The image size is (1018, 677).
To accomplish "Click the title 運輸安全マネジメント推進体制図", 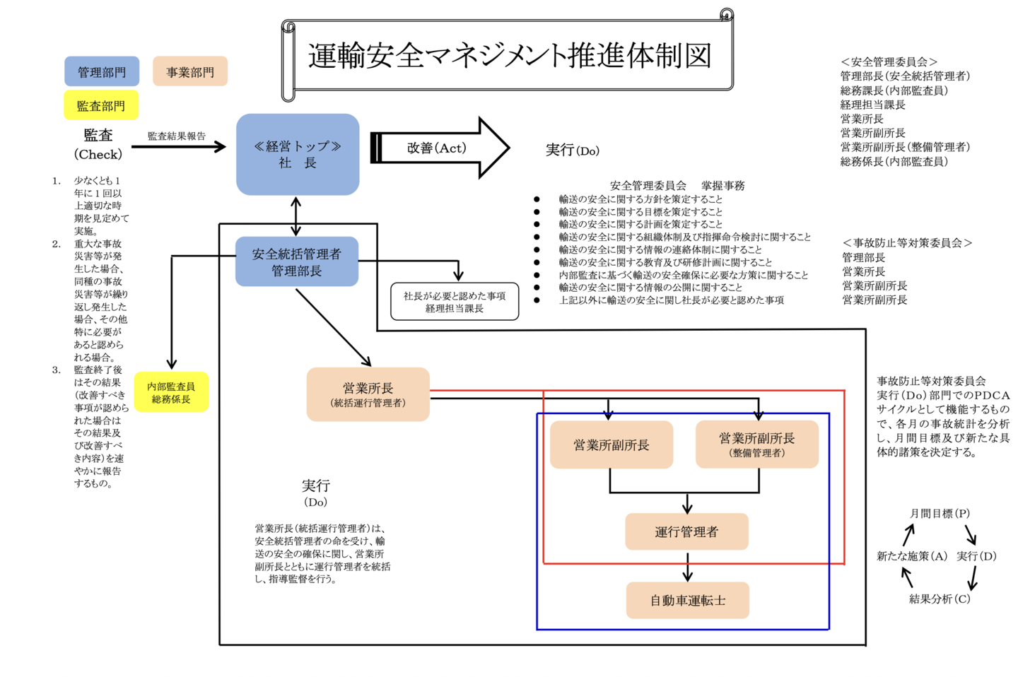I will (x=509, y=55).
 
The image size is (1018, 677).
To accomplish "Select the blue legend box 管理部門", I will (x=102, y=72).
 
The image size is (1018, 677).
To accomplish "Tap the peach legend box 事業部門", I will (x=189, y=72).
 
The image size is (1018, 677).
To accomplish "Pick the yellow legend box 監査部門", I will (x=101, y=106).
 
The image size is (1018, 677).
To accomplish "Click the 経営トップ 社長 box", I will (x=298, y=154).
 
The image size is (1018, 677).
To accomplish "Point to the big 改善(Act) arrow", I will (x=438, y=148).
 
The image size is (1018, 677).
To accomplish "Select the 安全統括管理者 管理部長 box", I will (x=297, y=261).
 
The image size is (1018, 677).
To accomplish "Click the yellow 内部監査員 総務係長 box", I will (x=171, y=392).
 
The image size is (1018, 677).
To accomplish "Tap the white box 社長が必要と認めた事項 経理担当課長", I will (x=455, y=302).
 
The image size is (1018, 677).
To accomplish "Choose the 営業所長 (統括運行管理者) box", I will (x=368, y=394).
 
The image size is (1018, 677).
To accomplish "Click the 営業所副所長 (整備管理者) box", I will (x=757, y=445).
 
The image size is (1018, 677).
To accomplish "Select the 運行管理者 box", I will (x=686, y=531).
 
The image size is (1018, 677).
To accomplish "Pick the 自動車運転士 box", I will (x=687, y=601).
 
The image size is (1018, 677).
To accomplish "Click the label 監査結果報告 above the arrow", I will (x=177, y=136).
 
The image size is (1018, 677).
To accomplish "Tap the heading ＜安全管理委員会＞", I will (x=889, y=62).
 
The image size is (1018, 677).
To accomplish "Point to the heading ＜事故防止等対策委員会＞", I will (x=908, y=243).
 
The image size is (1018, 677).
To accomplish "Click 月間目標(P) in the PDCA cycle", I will (x=940, y=514).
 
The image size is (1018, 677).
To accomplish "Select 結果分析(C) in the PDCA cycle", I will (x=940, y=599).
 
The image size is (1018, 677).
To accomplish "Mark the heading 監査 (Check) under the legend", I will (x=98, y=144).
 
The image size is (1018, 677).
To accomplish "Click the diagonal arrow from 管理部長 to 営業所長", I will (x=333, y=326).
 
